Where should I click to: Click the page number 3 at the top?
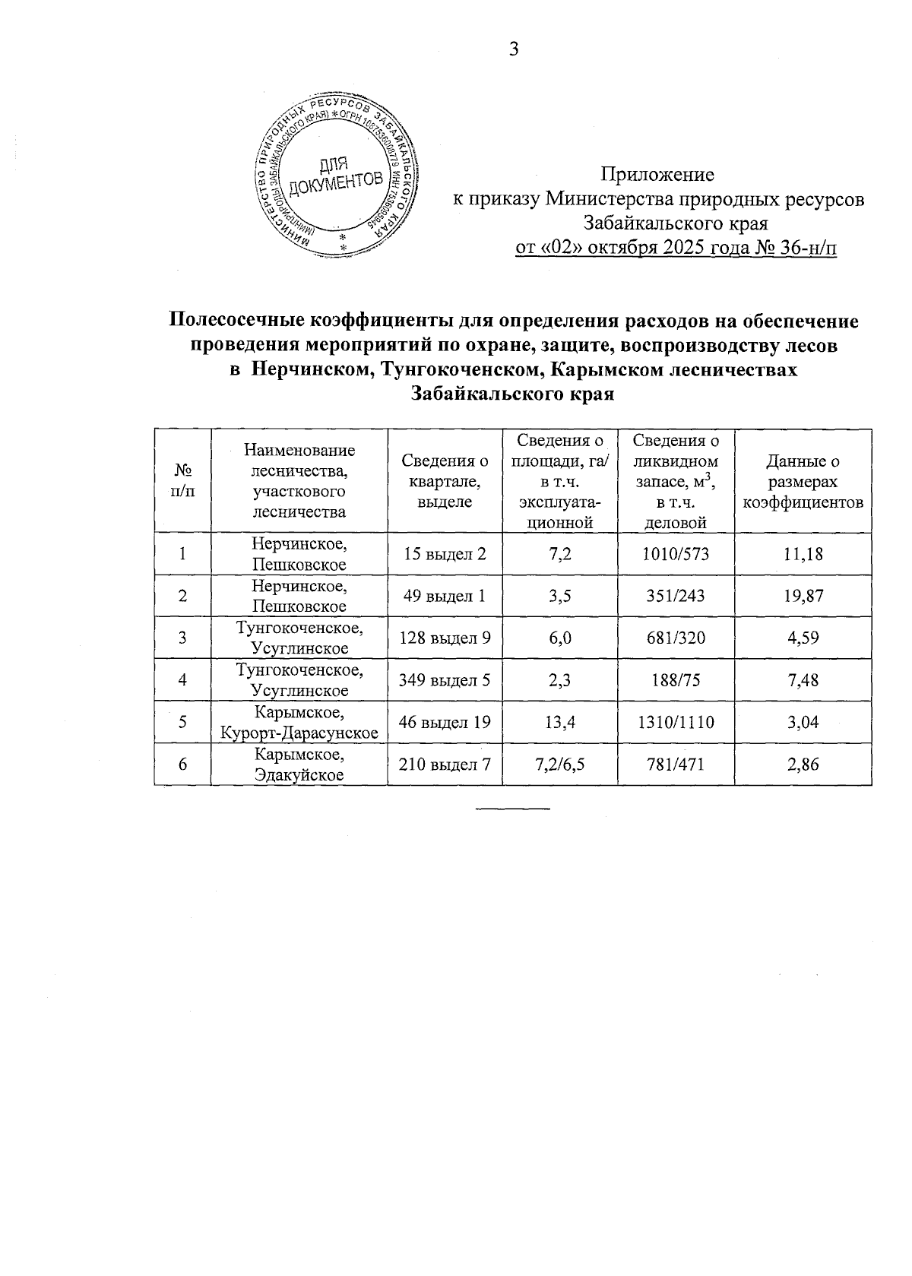click(x=513, y=50)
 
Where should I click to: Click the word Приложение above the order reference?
click(x=657, y=175)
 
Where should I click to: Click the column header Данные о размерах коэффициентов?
click(x=803, y=481)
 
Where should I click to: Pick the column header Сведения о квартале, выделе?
click(x=445, y=481)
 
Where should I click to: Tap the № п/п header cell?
click(x=182, y=481)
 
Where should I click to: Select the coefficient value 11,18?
click(x=803, y=554)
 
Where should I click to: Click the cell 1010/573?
click(x=676, y=554)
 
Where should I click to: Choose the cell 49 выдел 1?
click(x=445, y=596)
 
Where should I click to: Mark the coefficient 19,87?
click(x=803, y=596)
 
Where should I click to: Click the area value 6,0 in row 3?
click(x=559, y=638)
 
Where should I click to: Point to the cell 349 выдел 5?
click(x=445, y=680)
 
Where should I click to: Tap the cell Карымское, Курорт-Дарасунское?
click(x=299, y=723)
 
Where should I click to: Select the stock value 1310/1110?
click(x=676, y=723)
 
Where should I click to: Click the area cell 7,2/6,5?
click(x=559, y=765)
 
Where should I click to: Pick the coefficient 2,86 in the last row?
click(x=803, y=765)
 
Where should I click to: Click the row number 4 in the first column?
click(x=182, y=680)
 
